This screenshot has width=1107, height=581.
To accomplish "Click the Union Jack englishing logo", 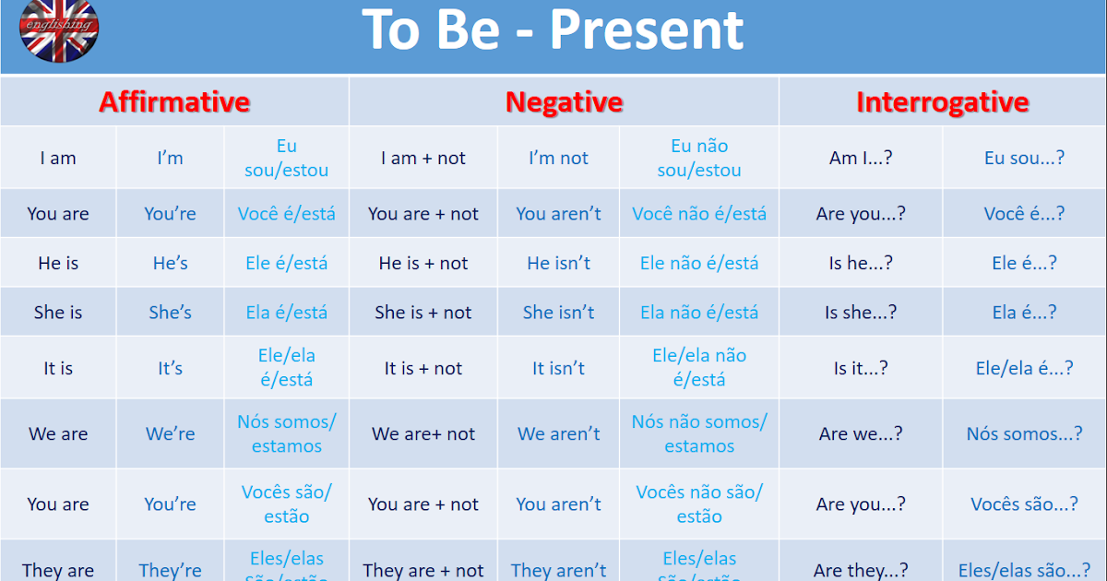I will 59,28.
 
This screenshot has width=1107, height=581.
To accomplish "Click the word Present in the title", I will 646,30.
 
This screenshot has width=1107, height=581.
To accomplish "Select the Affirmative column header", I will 174,101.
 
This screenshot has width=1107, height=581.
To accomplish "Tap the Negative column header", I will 564,101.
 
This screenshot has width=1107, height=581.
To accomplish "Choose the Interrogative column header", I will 942,101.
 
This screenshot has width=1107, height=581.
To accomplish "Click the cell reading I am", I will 58,158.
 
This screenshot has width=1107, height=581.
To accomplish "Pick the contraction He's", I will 171,263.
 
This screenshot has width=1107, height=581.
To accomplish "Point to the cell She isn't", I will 558,313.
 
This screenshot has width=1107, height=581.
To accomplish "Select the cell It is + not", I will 423,368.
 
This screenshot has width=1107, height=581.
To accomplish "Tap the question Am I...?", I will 860,158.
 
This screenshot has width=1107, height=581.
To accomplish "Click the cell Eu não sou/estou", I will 699,158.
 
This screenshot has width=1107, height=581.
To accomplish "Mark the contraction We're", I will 171,433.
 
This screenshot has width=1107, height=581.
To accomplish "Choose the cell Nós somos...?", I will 1024,433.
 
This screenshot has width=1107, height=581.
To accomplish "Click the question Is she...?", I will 860,313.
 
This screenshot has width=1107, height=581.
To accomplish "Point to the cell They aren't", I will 558,570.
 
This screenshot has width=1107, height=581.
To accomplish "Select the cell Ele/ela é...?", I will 1024,368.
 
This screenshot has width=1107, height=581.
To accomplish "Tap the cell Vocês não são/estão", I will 699,504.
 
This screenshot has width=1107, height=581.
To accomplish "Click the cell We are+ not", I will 423,433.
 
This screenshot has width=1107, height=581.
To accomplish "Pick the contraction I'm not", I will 558,158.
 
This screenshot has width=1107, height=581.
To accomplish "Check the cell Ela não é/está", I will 699,313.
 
